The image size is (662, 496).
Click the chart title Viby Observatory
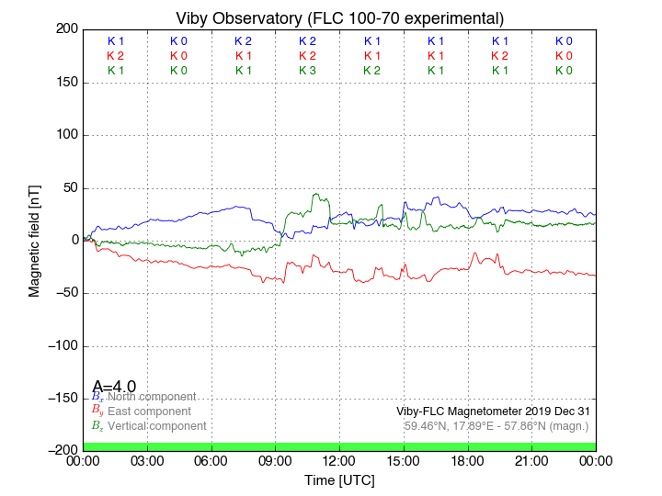coord(339,18)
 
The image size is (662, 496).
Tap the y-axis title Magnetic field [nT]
coord(34,239)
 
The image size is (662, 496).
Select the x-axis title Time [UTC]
coord(339,480)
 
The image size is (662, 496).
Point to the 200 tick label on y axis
coord(66,29)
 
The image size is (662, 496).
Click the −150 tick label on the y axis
coord(61,399)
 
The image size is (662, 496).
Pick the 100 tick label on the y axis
coord(66,135)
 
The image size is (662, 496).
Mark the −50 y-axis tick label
coord(63,293)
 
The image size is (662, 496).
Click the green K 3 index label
coord(307,71)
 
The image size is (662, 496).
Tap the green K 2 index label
coord(371,71)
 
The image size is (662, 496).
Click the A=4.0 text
coord(114,387)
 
